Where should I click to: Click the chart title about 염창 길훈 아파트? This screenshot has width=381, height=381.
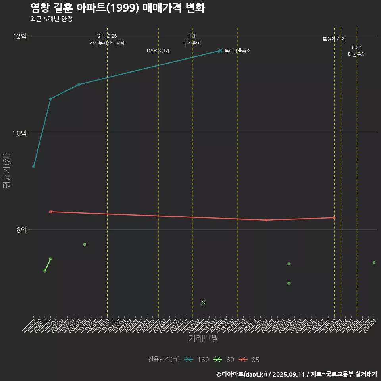[117, 8]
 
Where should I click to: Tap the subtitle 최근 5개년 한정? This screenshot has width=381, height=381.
[51, 19]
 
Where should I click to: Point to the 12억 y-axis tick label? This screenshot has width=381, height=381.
[20, 36]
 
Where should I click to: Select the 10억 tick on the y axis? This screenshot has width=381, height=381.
[20, 133]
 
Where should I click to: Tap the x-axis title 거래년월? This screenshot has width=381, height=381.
[203, 339]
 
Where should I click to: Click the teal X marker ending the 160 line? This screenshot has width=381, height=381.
[221, 50]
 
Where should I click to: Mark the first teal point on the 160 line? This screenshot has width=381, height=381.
[34, 167]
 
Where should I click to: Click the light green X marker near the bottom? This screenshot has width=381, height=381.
[204, 302]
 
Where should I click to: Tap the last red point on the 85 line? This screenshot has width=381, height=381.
[334, 217]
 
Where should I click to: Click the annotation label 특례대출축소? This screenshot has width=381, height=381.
[238, 51]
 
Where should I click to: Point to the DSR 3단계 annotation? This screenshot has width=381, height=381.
[158, 51]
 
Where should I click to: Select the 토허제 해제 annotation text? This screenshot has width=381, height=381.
[334, 39]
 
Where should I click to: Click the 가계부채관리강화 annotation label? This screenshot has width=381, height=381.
[107, 43]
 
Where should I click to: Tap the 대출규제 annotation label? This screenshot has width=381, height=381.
[357, 54]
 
